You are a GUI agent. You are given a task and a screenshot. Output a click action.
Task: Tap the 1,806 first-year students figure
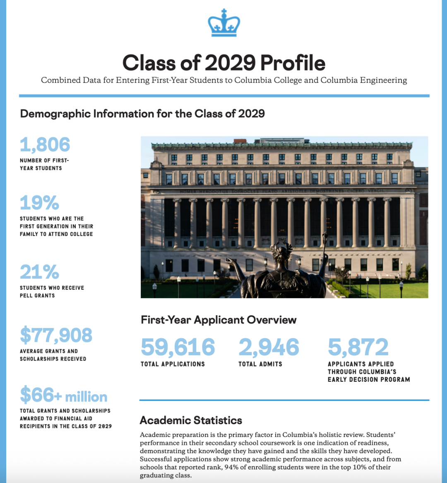(x=45, y=145)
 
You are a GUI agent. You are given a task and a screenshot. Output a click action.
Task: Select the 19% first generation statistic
(x=40, y=203)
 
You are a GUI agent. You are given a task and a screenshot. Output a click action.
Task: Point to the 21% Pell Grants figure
(x=40, y=272)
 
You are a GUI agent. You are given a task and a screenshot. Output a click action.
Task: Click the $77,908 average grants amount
(x=56, y=335)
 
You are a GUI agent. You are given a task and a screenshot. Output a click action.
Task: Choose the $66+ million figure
(x=64, y=396)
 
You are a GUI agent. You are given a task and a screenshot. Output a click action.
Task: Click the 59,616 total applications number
(x=178, y=347)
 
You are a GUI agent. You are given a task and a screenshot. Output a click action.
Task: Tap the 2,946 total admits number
(x=269, y=347)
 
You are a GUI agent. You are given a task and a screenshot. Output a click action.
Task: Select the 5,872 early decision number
(x=358, y=347)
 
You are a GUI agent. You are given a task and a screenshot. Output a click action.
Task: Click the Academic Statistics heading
(x=191, y=420)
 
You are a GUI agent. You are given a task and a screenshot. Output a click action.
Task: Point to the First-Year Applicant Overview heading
(x=219, y=320)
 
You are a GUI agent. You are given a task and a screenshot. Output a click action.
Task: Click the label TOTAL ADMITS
(x=260, y=364)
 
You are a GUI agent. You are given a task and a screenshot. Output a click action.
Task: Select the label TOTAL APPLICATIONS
(x=173, y=364)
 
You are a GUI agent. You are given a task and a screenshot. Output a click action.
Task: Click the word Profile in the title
(x=293, y=63)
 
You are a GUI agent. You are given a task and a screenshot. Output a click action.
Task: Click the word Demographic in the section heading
(x=55, y=114)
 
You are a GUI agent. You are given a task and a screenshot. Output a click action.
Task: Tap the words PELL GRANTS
(x=37, y=296)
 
